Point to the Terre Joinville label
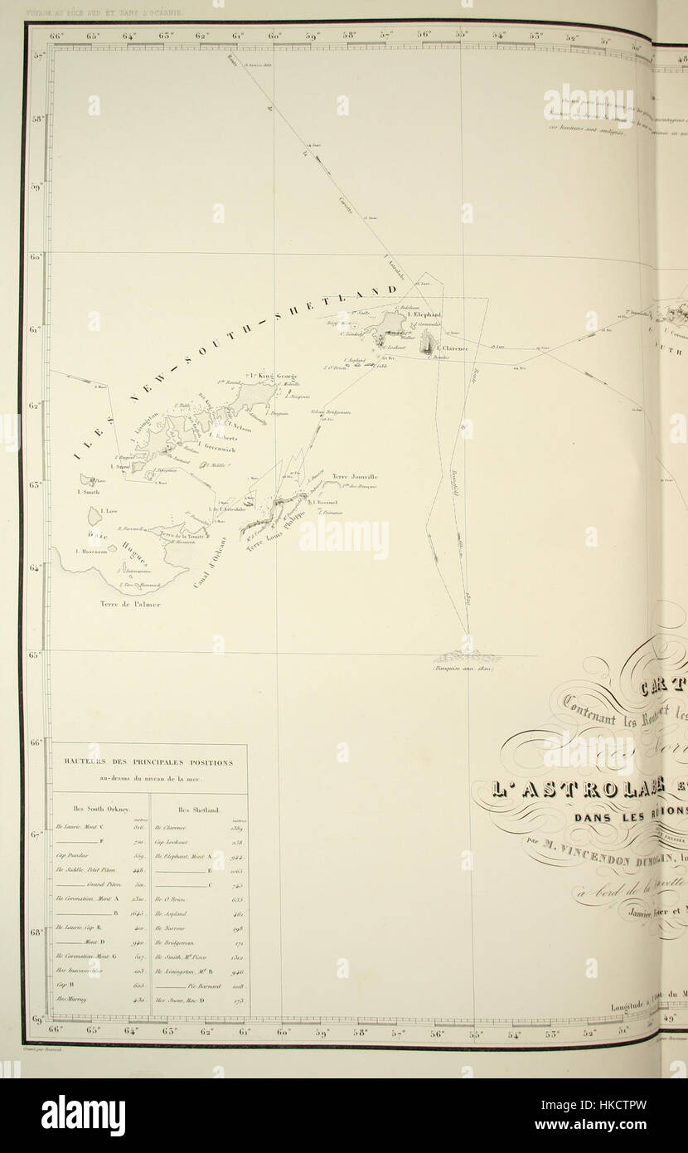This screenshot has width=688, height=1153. pos(355,477)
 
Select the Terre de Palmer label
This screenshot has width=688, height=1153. pos(130,604)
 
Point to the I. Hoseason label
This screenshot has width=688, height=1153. pos(87,551)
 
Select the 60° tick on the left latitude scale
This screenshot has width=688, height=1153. pos(36,258)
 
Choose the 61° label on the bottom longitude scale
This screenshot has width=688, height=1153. pos(245,1031)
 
